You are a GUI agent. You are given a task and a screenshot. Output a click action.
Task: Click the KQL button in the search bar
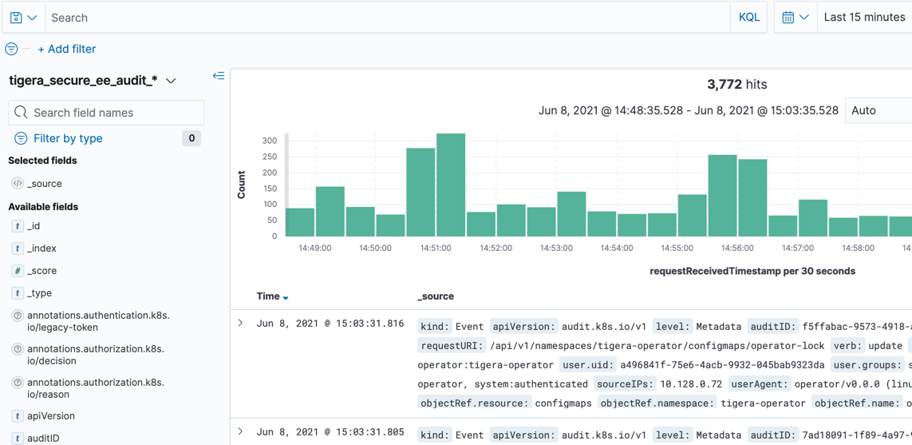tap(748, 17)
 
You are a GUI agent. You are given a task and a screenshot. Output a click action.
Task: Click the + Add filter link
tap(67, 49)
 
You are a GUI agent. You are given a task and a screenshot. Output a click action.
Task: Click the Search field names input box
tap(106, 113)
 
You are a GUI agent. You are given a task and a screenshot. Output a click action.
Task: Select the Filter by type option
tap(68, 138)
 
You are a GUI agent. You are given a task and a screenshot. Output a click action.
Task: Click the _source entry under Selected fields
tap(45, 184)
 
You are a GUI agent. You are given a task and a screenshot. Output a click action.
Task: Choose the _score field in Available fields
tap(41, 271)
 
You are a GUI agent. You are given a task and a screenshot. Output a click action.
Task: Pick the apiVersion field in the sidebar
tap(50, 416)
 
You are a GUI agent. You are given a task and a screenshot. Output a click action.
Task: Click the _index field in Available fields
tap(41, 248)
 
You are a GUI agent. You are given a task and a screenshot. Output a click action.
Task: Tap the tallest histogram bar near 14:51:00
tap(451, 185)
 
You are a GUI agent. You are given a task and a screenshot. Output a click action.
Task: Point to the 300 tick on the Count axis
tap(269, 141)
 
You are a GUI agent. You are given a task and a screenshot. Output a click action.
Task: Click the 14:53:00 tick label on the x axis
tap(556, 248)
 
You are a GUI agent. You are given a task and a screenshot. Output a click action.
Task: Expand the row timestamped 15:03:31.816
tap(240, 324)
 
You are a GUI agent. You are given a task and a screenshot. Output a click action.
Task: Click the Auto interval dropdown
tap(877, 110)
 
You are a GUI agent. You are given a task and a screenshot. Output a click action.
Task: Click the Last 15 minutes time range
tap(864, 17)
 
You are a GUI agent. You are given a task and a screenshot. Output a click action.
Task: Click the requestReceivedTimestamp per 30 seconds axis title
tap(752, 271)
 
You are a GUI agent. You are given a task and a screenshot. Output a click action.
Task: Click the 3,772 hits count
tap(736, 84)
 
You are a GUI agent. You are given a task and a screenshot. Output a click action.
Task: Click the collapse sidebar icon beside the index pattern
tap(219, 76)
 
